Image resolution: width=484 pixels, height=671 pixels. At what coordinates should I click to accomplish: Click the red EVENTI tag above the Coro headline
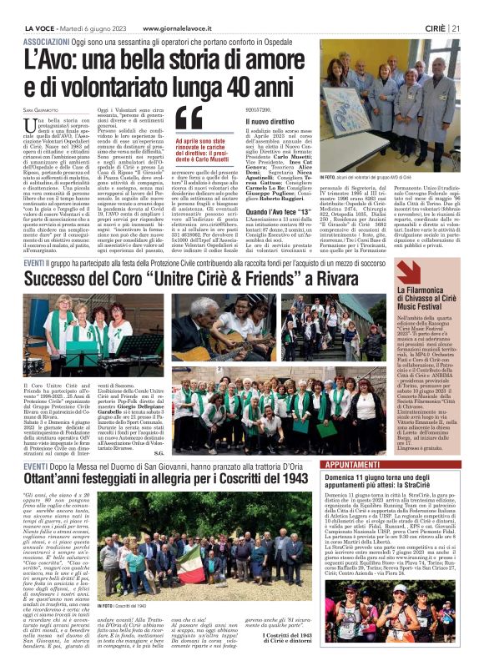33,262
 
